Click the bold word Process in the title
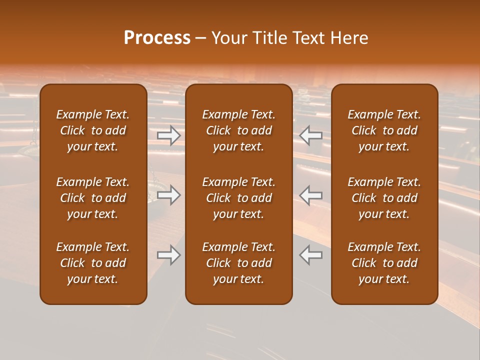[157, 38]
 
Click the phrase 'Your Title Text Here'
[290, 38]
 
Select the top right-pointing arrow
[168, 135]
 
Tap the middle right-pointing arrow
[168, 195]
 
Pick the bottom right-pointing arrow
[168, 255]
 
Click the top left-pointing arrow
[311, 135]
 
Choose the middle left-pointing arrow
[311, 195]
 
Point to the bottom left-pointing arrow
[311, 255]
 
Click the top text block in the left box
[93, 130]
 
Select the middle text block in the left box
[93, 198]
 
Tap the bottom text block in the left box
[93, 263]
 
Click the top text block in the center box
[238, 130]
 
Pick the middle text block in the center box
[238, 198]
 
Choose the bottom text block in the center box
[238, 263]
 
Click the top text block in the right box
[384, 130]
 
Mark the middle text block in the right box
[384, 198]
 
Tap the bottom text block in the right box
[384, 263]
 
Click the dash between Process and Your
[201, 38]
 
